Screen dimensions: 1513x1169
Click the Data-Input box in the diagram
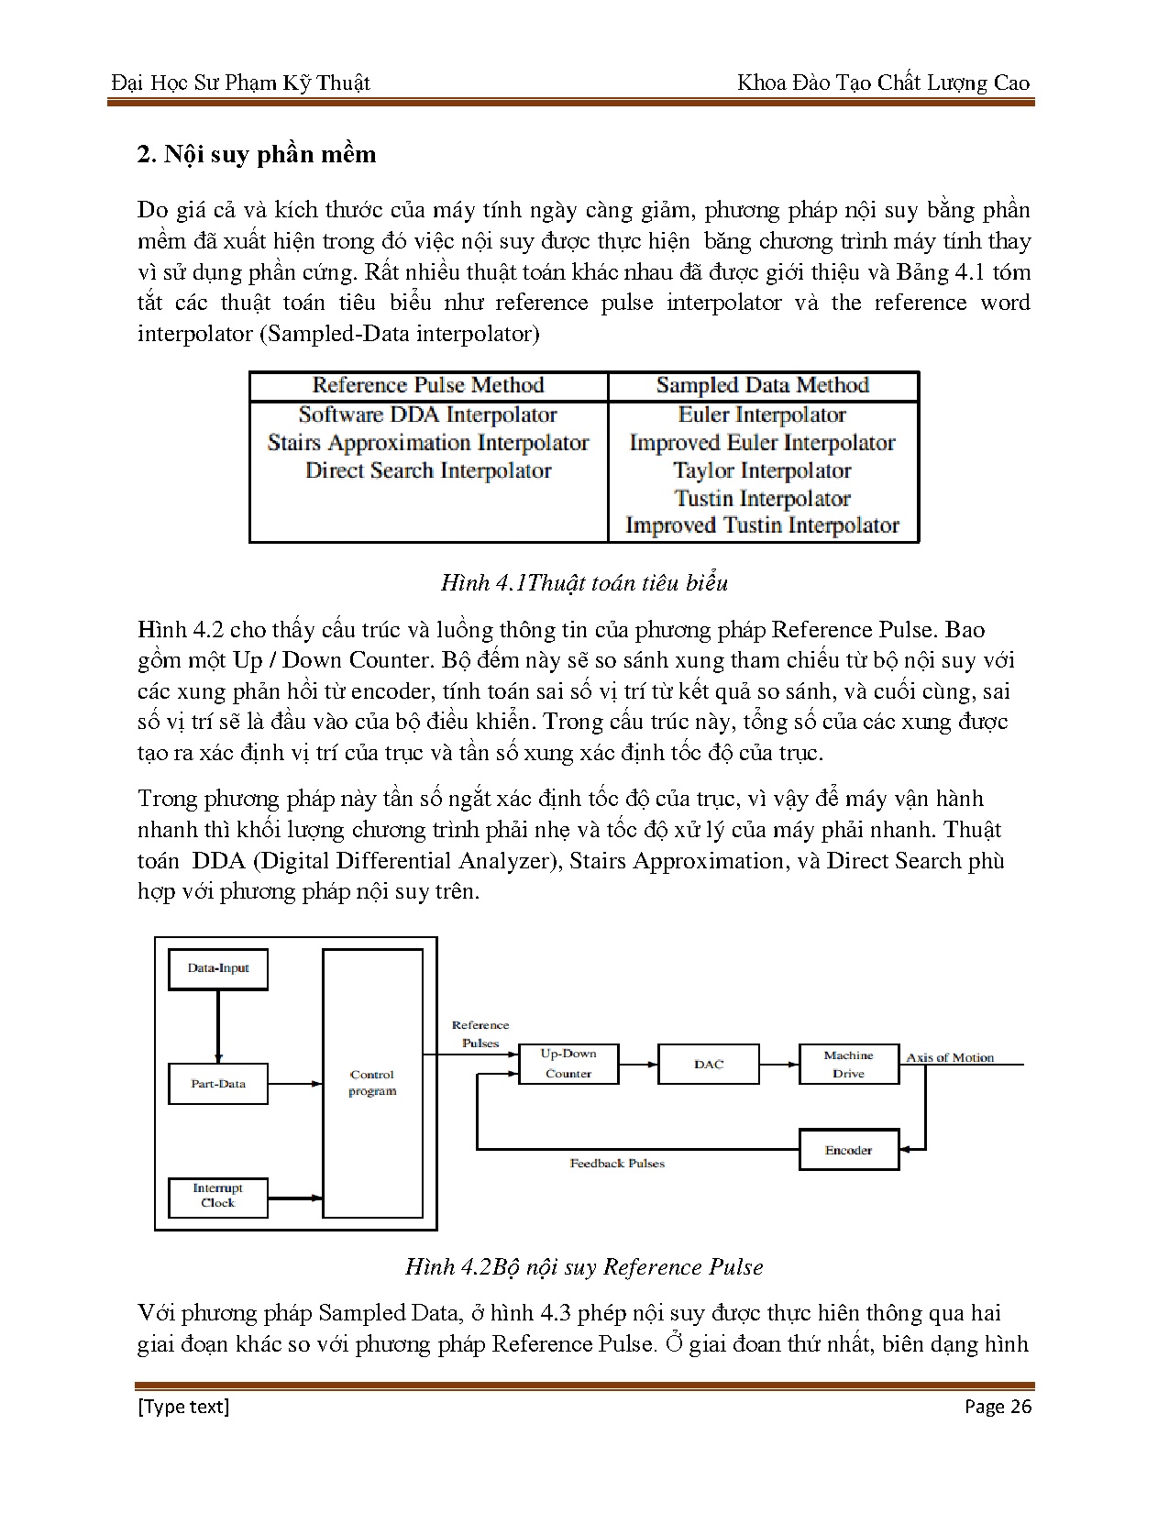coord(218,969)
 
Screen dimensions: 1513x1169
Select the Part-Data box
coord(218,1084)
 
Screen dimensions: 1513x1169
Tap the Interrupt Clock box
coord(218,1197)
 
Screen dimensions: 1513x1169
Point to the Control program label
coord(372,1083)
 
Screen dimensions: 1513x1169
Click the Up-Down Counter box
coord(568,1065)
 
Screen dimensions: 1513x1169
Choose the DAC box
coord(709,1065)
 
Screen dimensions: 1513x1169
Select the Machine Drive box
coord(848,1065)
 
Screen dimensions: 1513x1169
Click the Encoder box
coord(848,1150)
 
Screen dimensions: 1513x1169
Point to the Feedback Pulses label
coord(617,1164)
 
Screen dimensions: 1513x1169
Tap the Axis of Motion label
coord(950,1057)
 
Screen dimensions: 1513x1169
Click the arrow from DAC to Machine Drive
coord(779,1065)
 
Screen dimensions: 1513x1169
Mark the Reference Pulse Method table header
coord(428,386)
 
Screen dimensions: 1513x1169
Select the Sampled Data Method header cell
coord(763,386)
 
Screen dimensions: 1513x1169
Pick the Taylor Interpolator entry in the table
coord(763,471)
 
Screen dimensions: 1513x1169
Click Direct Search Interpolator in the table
coord(428,471)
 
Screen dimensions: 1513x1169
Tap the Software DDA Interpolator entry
coord(428,415)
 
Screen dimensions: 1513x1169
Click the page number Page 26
coord(998,1407)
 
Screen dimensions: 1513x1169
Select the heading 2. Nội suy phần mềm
coord(257,154)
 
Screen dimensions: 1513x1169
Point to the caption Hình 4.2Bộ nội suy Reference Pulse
coord(584,1267)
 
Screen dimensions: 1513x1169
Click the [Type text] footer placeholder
coord(183,1407)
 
